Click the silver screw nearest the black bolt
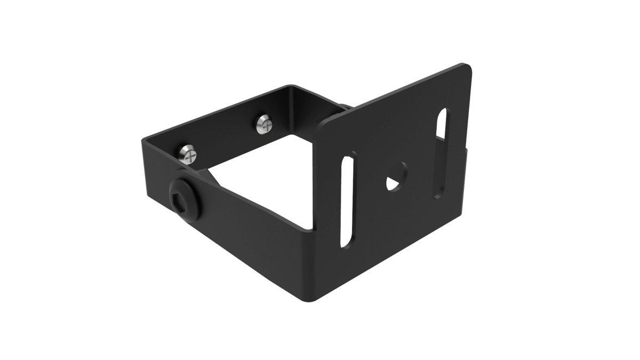click(188, 153)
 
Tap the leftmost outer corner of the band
click(143, 141)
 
